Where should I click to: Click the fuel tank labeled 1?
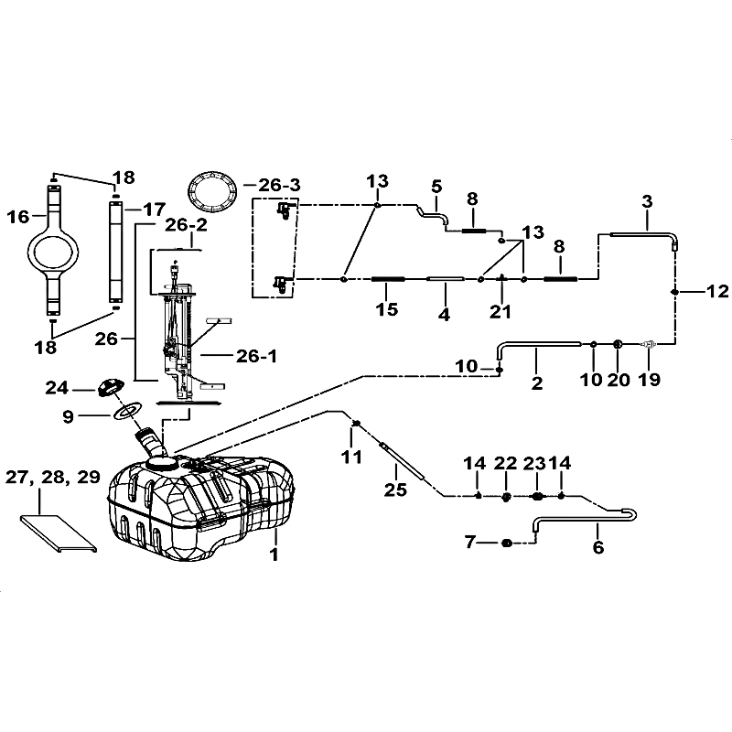(x=200, y=507)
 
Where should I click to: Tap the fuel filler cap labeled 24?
(x=110, y=387)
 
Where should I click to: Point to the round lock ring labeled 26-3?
(x=211, y=191)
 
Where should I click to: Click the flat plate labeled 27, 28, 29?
(x=59, y=533)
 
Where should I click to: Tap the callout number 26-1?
(x=256, y=356)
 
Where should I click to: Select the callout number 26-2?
(x=187, y=225)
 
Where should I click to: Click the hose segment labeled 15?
(x=388, y=279)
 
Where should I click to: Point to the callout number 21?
(x=501, y=311)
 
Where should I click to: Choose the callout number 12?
(x=717, y=291)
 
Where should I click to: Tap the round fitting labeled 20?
(x=617, y=344)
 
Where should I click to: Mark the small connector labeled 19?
(x=649, y=345)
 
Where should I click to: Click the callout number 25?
(x=395, y=490)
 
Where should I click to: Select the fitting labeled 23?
(x=537, y=496)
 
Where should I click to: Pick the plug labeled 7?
(x=507, y=543)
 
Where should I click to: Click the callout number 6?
(x=598, y=546)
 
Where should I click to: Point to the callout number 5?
(x=436, y=187)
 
